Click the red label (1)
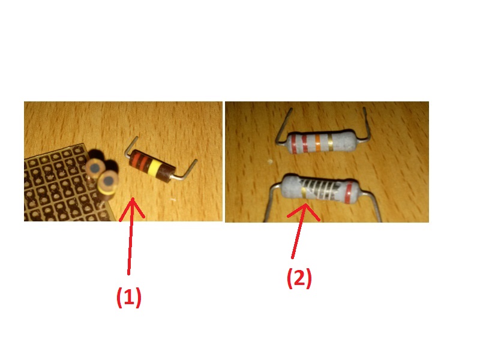[129, 297]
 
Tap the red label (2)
[299, 278]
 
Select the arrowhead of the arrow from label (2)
[304, 212]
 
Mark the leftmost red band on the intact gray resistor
[293, 145]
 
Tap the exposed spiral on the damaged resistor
[324, 189]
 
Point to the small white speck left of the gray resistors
[270, 161]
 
